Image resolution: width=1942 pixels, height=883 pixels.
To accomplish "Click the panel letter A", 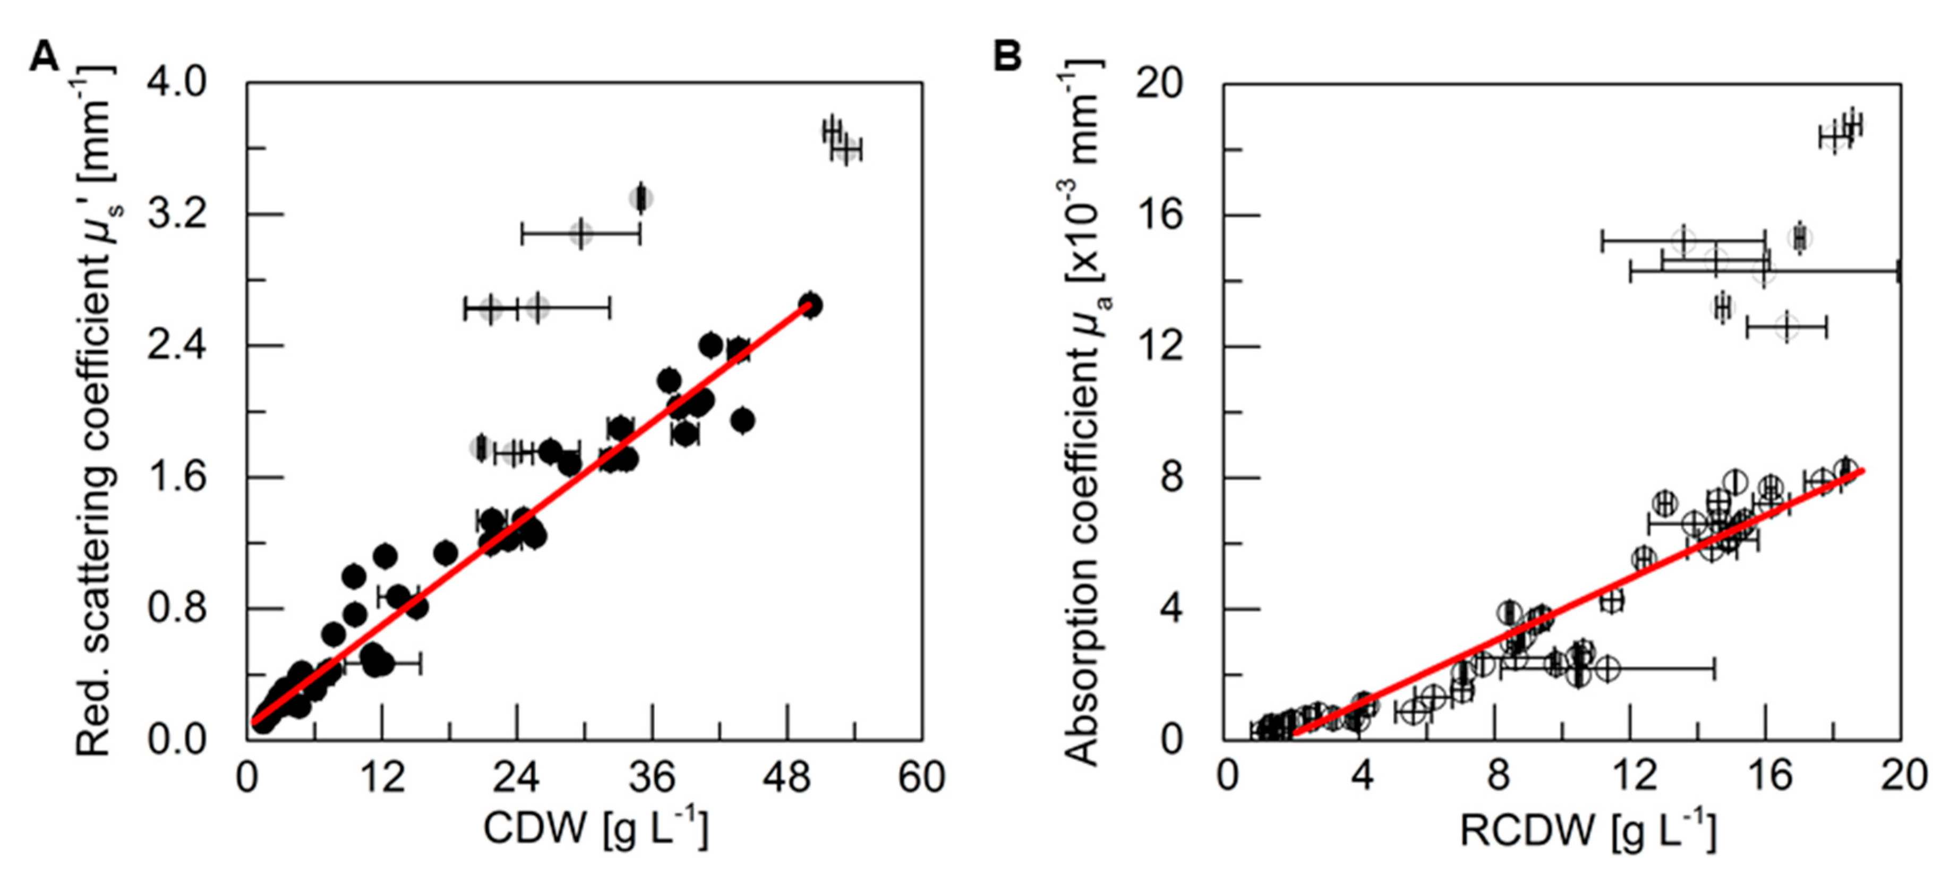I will [44, 57].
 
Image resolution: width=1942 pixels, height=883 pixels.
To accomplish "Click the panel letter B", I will [1008, 57].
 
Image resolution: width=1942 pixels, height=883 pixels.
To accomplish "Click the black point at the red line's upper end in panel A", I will [810, 305].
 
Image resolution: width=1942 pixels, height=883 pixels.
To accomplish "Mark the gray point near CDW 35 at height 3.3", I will [641, 199].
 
